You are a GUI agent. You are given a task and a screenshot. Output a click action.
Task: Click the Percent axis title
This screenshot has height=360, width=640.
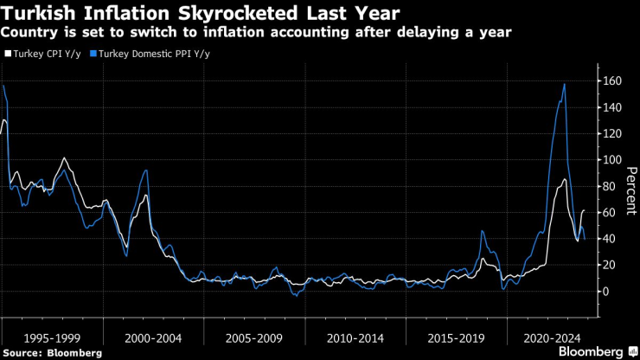pos(630,187)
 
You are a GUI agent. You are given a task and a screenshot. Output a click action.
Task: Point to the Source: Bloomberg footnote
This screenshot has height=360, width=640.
pos(53,352)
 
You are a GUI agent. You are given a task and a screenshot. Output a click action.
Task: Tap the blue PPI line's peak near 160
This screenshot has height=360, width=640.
pos(565,84)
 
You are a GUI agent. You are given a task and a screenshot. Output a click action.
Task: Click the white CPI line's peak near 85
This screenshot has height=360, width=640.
pos(565,179)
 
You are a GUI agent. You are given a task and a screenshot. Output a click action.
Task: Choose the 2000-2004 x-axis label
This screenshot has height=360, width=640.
pos(153,335)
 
